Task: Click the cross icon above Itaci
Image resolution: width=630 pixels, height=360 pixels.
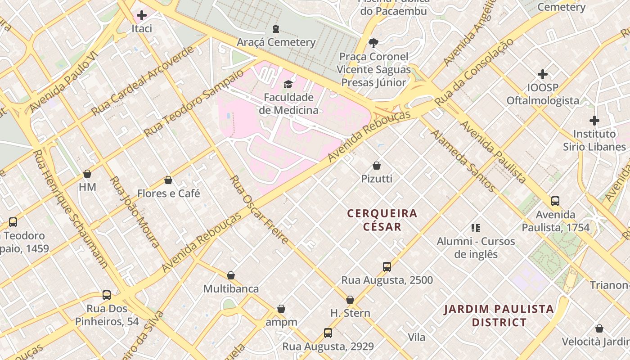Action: tap(142, 16)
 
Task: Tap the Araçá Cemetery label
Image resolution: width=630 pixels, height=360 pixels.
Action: tap(276, 42)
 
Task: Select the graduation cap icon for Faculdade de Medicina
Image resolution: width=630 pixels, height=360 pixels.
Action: tap(288, 84)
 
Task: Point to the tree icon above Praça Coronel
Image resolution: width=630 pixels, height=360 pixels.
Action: tap(373, 43)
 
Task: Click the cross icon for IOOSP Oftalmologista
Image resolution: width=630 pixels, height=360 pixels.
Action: tap(543, 74)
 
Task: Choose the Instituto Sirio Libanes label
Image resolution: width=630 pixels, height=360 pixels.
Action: tap(594, 140)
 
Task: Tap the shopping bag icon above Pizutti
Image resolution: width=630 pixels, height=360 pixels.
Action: tap(377, 166)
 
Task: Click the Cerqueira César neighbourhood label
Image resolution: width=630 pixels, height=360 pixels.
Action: tap(382, 220)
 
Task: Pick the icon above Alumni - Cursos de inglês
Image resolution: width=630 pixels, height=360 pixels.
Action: tap(476, 228)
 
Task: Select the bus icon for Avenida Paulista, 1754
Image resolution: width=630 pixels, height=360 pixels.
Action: tap(555, 201)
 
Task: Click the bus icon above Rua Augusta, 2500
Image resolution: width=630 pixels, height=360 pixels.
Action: tap(387, 267)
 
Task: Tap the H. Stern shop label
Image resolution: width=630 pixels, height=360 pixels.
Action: tap(350, 313)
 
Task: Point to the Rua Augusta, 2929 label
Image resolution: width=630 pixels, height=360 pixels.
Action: tap(328, 346)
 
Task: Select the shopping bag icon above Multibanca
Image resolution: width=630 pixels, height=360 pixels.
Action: tap(231, 275)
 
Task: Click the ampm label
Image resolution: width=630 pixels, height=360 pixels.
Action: tap(281, 322)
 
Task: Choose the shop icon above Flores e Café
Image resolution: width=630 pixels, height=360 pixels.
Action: tap(168, 180)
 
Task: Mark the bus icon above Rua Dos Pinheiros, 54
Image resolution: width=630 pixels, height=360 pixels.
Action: tap(107, 295)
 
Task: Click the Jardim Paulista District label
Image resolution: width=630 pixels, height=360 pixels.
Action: tap(499, 315)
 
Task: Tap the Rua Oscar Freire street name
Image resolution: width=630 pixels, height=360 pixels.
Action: tap(259, 210)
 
